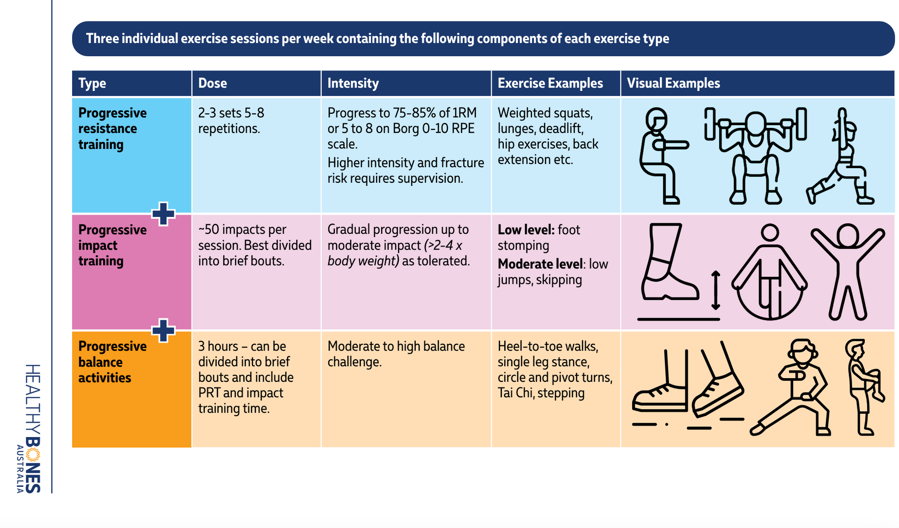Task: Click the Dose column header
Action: click(x=213, y=83)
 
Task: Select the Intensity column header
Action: click(x=353, y=83)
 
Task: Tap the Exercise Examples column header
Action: click(x=550, y=83)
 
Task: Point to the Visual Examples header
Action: click(x=673, y=83)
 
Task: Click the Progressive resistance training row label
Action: click(x=112, y=128)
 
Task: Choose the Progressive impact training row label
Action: click(x=112, y=245)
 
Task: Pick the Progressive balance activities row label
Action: click(x=112, y=362)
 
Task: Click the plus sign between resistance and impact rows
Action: click(x=163, y=214)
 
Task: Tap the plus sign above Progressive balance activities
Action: click(x=163, y=330)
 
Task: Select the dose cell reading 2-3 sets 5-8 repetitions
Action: click(x=231, y=120)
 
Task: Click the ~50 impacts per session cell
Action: click(x=255, y=245)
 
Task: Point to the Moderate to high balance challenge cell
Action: click(x=396, y=354)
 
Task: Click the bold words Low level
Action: click(x=526, y=230)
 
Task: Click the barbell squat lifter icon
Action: click(x=755, y=156)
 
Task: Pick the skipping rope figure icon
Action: click(x=769, y=272)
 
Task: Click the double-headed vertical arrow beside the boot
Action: click(x=715, y=290)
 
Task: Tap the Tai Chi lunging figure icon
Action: click(x=791, y=387)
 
